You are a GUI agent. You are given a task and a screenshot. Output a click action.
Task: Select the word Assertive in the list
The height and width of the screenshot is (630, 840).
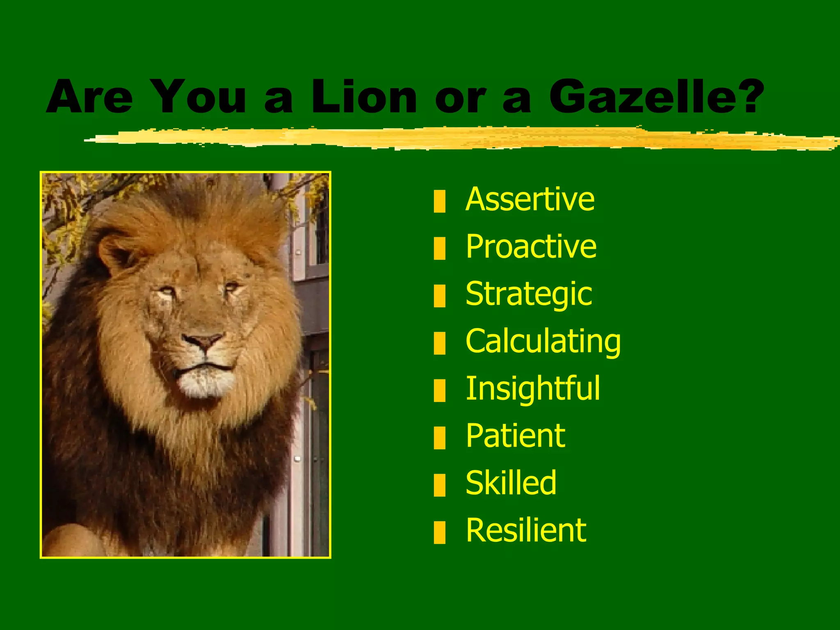pyautogui.click(x=530, y=199)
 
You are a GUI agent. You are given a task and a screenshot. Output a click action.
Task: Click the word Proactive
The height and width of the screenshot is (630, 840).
pyautogui.click(x=531, y=247)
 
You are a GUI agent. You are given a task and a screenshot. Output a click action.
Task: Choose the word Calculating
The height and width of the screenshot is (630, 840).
pyautogui.click(x=543, y=341)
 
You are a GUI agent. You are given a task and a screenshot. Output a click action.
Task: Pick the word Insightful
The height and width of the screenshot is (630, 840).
pyautogui.click(x=533, y=388)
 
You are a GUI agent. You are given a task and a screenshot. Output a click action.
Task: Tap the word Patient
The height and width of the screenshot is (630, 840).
pyautogui.click(x=516, y=436)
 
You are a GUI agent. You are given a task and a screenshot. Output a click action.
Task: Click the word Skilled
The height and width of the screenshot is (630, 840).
pyautogui.click(x=511, y=483)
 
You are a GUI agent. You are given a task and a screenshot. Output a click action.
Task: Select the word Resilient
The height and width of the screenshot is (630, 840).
pyautogui.click(x=526, y=530)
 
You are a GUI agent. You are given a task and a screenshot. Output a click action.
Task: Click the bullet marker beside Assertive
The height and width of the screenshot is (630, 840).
pyautogui.click(x=439, y=201)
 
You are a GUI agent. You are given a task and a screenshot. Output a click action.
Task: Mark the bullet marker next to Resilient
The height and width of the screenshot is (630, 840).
pyautogui.click(x=439, y=532)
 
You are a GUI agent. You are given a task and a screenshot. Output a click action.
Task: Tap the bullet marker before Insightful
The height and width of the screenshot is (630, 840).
pyautogui.click(x=439, y=390)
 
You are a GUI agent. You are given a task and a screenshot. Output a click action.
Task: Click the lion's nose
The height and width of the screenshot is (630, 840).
pyautogui.click(x=203, y=341)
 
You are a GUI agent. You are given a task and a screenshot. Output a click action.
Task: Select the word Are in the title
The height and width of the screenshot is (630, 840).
pyautogui.click(x=89, y=97)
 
